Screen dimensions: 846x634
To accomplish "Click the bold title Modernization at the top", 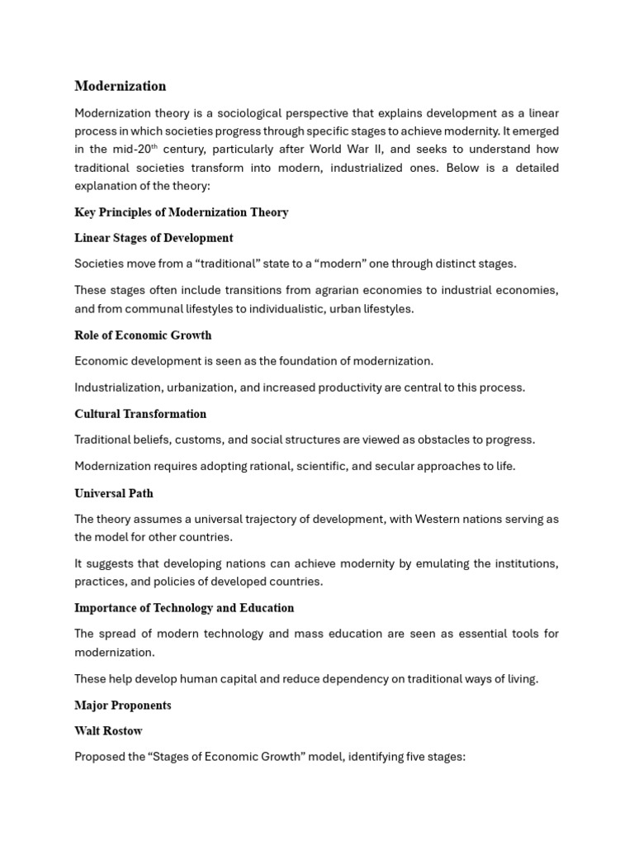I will coord(120,86).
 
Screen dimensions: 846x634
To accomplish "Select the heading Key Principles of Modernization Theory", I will coord(181,212).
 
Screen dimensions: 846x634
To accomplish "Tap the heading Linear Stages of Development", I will coord(154,238).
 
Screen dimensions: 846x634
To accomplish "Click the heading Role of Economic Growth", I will coord(143,335).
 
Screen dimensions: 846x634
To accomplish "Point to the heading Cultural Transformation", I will coord(140,414).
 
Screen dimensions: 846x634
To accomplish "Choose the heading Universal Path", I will coord(114,493).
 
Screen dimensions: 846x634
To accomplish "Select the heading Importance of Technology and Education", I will coord(184,608).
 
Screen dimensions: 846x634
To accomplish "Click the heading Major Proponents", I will coord(123,706).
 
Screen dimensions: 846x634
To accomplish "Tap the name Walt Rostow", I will coord(108,731).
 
